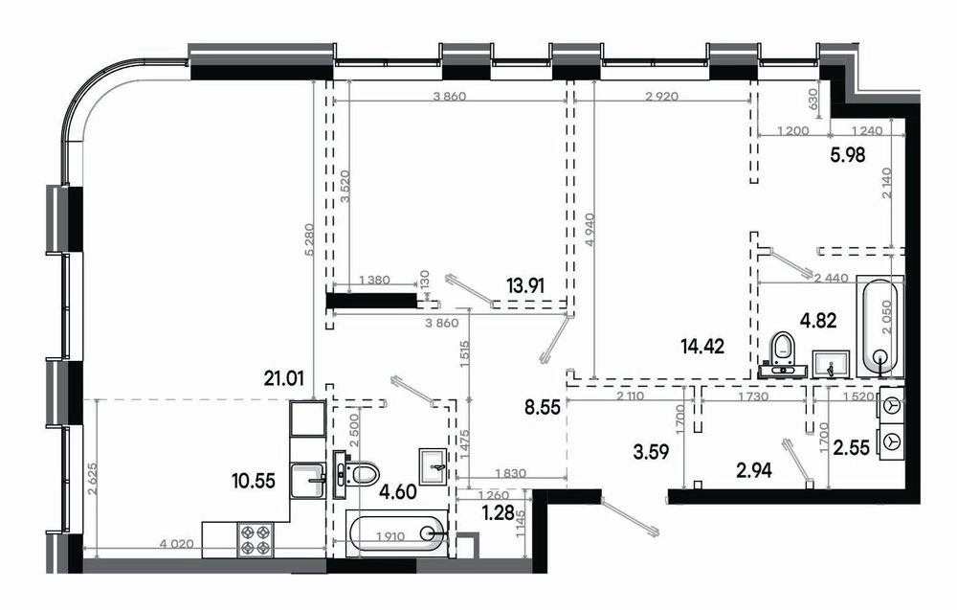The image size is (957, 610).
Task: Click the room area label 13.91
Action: [525, 284]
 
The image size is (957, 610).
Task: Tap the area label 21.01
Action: [284, 379]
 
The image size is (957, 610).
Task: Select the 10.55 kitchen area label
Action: [254, 481]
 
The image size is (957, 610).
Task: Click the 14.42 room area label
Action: [702, 347]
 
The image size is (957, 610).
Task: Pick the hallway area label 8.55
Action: [543, 407]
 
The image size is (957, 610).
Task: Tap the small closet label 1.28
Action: [498, 513]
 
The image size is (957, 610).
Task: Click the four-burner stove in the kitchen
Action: [256, 539]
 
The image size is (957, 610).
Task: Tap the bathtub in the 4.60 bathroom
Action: [397, 533]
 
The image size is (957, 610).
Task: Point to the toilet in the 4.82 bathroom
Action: [782, 355]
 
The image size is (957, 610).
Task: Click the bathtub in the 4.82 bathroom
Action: [879, 328]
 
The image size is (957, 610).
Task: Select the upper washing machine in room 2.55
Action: [891, 404]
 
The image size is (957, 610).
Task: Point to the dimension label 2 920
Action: [661, 97]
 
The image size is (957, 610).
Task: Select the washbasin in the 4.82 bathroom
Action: [831, 365]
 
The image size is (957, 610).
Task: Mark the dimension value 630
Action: [812, 99]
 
